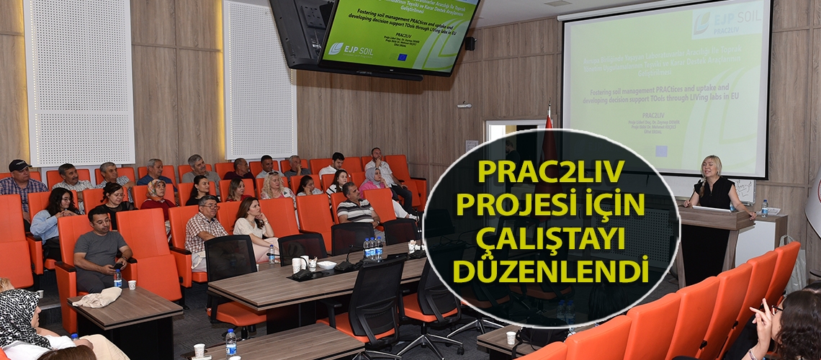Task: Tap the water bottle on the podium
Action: click(764, 208)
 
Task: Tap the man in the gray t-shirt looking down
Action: click(100, 245)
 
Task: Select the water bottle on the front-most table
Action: click(230, 342)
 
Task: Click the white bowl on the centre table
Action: click(326, 265)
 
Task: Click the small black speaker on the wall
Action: click(470, 43)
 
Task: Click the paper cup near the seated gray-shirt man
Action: click(132, 284)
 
